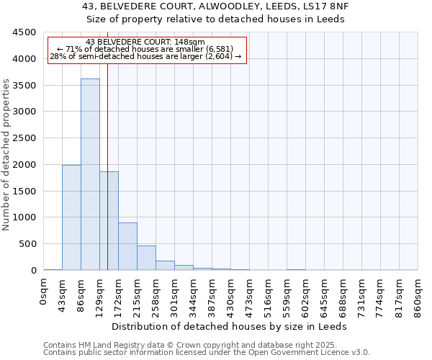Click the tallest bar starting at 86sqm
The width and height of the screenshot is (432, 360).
(90, 174)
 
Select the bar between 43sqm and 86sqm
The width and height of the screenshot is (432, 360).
(71, 217)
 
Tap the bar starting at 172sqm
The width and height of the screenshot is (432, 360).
(127, 246)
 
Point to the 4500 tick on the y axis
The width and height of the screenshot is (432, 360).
(24, 32)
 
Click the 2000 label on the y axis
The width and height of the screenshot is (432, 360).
(24, 164)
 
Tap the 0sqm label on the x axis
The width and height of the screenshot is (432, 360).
(44, 289)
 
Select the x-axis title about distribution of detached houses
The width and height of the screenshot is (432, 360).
(230, 326)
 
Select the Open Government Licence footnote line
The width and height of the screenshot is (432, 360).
(207, 353)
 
